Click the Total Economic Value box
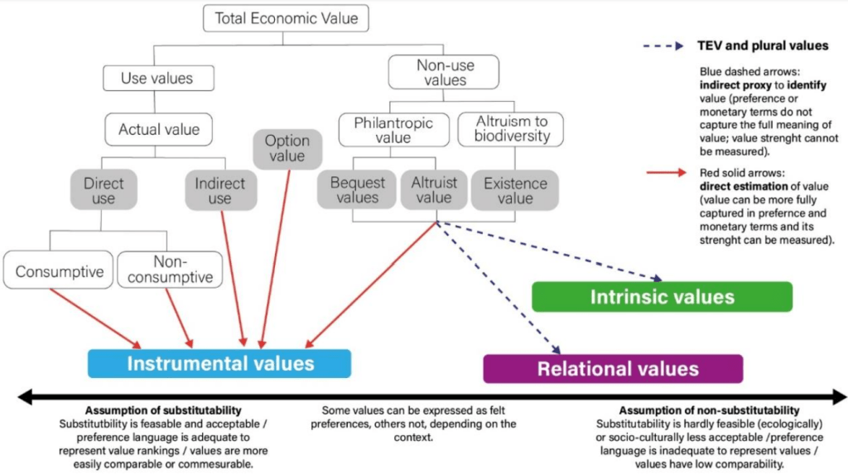click(x=286, y=18)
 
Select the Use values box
click(x=157, y=79)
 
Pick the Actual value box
click(x=159, y=129)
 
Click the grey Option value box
click(x=287, y=149)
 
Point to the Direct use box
click(x=104, y=190)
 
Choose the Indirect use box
click(x=219, y=190)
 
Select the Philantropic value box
click(x=393, y=131)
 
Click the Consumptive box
click(x=59, y=271)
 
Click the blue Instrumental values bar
click(x=219, y=363)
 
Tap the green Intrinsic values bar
click(x=662, y=296)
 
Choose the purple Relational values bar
click(x=613, y=368)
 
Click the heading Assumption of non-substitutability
click(x=709, y=410)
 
